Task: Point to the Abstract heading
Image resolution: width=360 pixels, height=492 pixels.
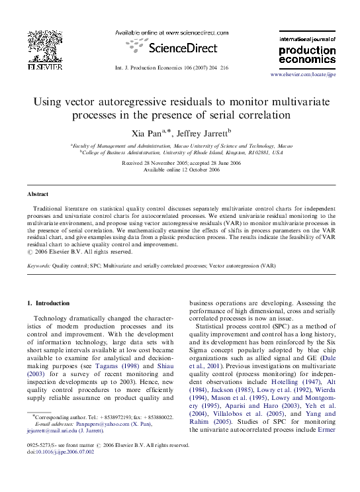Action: [37, 194]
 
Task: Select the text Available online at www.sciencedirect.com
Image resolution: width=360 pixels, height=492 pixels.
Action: [172, 32]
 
